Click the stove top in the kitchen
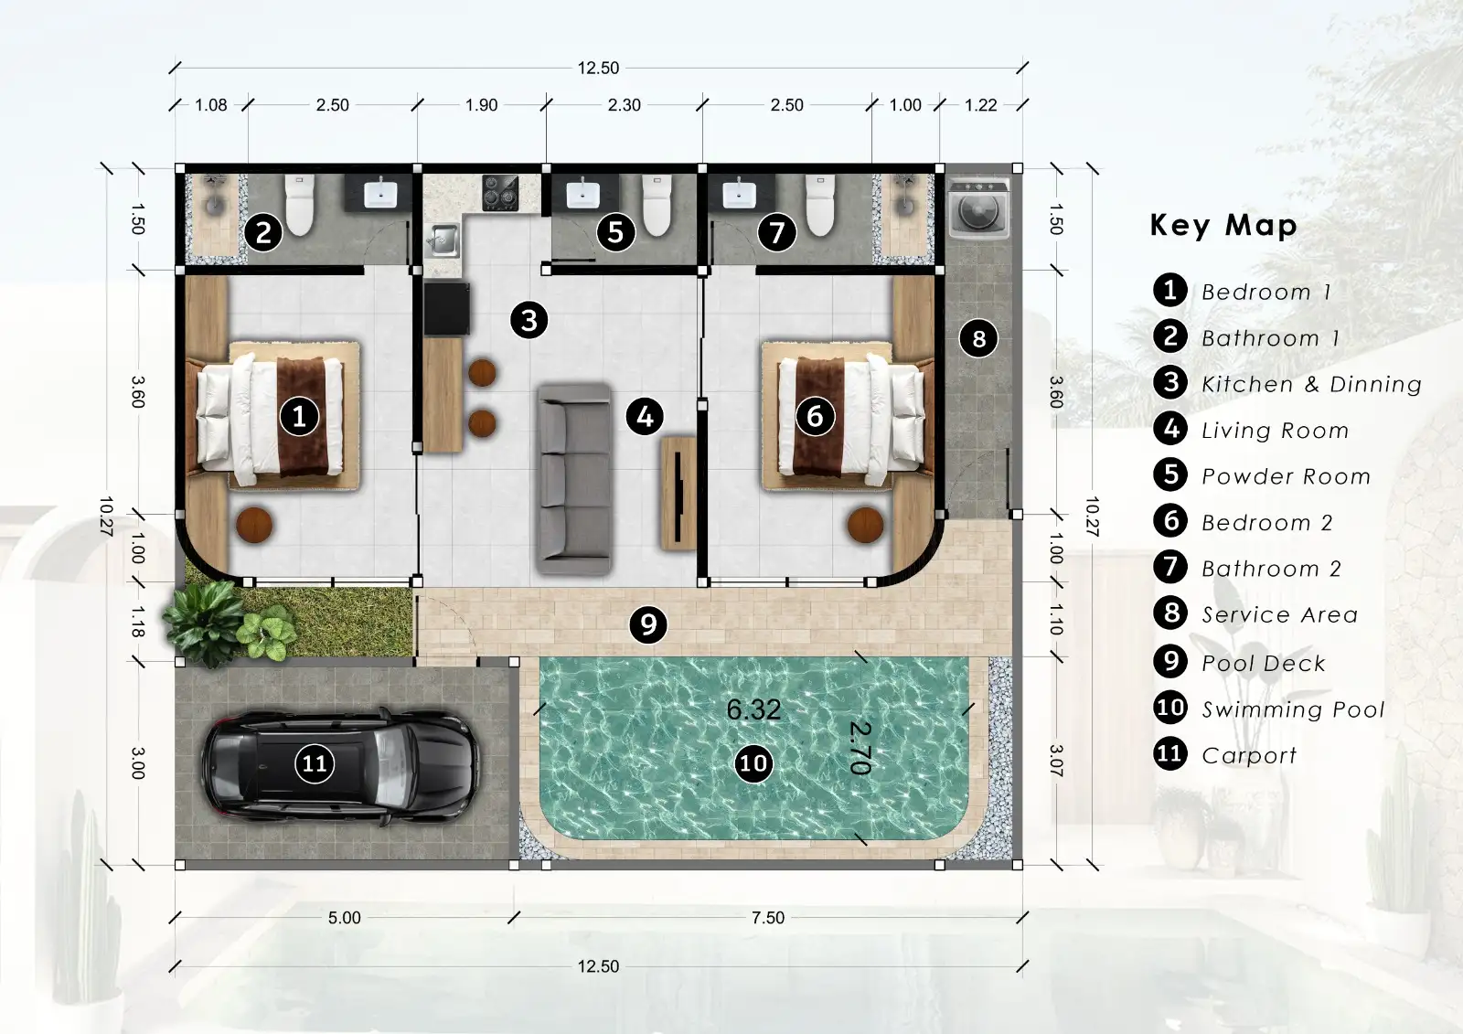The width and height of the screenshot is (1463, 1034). [x=500, y=193]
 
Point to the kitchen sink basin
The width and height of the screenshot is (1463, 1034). [x=443, y=240]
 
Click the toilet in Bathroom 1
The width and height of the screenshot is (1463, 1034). [x=300, y=205]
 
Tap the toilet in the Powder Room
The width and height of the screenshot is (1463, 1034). [x=657, y=205]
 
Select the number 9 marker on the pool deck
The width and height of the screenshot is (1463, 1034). [x=648, y=624]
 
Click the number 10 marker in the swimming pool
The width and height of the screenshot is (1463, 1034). [x=753, y=763]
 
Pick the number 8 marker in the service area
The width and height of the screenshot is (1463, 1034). [x=978, y=338]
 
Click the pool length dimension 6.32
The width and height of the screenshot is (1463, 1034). [x=753, y=709]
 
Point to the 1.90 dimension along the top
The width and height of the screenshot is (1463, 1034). [x=481, y=105]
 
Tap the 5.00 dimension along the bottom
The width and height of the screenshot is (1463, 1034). [x=344, y=918]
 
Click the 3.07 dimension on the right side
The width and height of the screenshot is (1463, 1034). [x=1056, y=762]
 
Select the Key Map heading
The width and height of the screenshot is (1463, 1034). [x=1223, y=225]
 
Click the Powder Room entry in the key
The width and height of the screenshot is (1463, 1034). [x=1285, y=476]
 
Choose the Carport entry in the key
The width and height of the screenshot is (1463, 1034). [x=1248, y=755]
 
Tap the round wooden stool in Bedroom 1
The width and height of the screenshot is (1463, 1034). [x=254, y=526]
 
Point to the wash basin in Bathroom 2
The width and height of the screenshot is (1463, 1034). [x=739, y=194]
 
